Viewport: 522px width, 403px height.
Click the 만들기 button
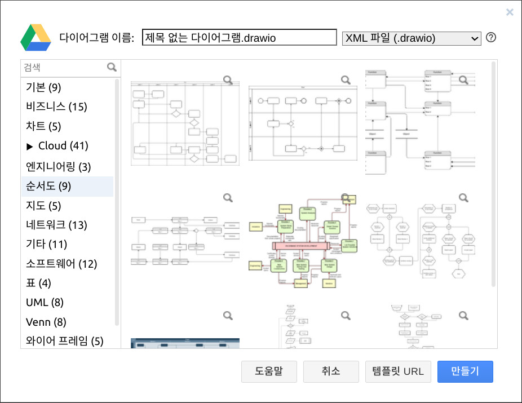465,371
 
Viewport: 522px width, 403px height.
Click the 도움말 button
269,371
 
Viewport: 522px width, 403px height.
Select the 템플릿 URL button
398,371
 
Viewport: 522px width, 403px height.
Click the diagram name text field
239,38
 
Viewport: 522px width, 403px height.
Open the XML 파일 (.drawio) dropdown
412,38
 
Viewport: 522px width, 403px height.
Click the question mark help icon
491,38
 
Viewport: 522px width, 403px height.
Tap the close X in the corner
510,12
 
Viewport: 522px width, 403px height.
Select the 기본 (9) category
43,87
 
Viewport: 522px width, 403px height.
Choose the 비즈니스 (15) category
56,107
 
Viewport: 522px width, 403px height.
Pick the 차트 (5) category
43,126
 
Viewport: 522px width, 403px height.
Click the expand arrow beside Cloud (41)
30,147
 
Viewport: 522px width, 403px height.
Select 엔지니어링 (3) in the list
58,167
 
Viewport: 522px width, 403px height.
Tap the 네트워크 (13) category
56,225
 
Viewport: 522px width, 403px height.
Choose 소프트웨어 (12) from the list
61,263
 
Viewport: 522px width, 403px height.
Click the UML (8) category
45,302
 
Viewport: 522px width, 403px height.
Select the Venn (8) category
46,322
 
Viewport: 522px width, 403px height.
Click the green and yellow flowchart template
303,243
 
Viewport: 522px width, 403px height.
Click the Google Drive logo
36,38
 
